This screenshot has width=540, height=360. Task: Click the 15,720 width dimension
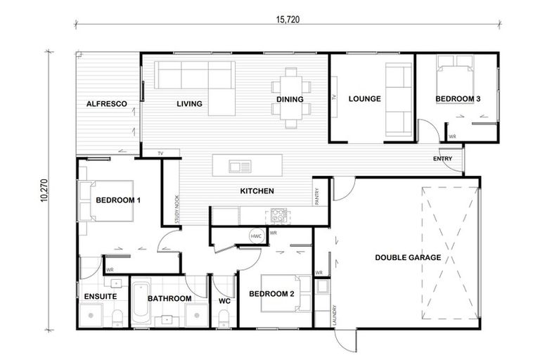point(283,20)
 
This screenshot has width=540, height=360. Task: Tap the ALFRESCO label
point(106,104)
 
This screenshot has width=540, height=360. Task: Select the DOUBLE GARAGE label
point(408,257)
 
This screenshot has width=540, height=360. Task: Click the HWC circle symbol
point(256,236)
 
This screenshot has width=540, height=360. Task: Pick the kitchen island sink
point(239,167)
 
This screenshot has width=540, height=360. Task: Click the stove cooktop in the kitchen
point(276,216)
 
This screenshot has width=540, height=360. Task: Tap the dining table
point(290,99)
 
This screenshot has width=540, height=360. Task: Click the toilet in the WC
point(224,320)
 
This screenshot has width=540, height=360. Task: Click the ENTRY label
point(443,159)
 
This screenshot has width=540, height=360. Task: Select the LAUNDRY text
point(334,314)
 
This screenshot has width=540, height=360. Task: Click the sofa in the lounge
point(399,99)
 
